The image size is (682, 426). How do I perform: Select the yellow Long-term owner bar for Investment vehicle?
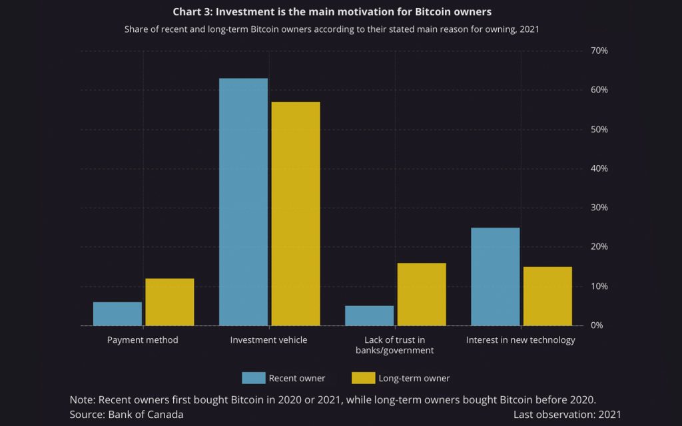click(296, 213)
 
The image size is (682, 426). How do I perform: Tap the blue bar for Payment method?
click(117, 314)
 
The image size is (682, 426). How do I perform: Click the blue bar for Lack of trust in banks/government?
click(370, 316)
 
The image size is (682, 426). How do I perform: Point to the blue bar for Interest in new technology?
click(495, 276)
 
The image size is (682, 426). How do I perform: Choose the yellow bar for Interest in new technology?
click(547, 296)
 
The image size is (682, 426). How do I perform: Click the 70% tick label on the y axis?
click(599, 51)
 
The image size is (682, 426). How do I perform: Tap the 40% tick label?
click(599, 168)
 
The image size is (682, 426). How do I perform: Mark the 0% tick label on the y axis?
click(597, 325)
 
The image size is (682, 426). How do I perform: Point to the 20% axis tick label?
click(599, 247)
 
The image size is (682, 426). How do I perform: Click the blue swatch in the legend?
click(253, 378)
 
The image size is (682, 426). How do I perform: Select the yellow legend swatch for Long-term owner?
click(363, 378)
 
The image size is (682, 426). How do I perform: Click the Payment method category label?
click(143, 340)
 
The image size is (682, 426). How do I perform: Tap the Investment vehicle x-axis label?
click(268, 340)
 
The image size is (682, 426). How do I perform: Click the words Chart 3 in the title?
click(192, 12)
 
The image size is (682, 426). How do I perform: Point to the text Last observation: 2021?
click(567, 414)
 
